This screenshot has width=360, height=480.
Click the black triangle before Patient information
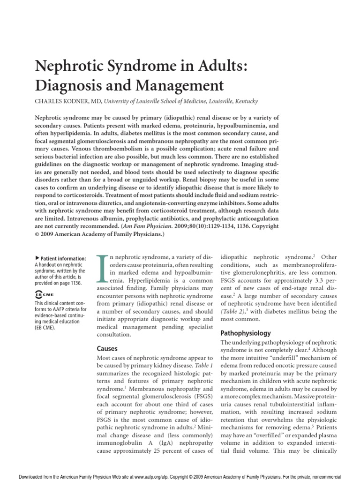37,258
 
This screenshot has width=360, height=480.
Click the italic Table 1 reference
204,365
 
